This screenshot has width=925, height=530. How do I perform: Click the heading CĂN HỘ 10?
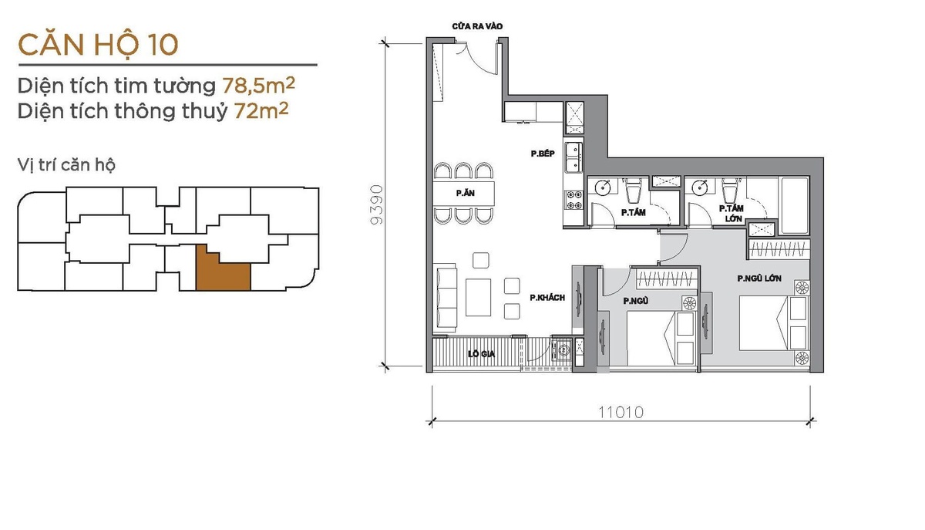click(x=99, y=45)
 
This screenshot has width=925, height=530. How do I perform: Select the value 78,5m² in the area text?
click(x=259, y=85)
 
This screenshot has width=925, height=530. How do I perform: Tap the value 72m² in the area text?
click(x=261, y=111)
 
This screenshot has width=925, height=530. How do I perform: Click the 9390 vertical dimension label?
click(x=377, y=204)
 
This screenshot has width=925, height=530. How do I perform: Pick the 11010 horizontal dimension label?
click(x=621, y=412)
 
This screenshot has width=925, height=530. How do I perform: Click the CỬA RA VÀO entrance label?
click(x=477, y=26)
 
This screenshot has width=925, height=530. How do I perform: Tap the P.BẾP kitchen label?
click(x=543, y=154)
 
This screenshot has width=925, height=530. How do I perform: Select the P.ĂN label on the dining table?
click(x=465, y=193)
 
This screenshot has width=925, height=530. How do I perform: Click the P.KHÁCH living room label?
click(x=547, y=298)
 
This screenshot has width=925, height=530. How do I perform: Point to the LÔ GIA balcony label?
click(x=481, y=354)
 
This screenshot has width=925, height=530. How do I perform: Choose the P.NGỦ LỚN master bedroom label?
click(x=759, y=279)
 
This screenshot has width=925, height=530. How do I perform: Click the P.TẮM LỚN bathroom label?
click(x=732, y=214)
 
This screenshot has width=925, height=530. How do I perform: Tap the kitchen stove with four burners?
click(x=574, y=200)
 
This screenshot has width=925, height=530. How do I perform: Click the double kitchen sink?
click(x=574, y=157)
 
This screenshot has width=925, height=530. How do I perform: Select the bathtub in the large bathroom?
click(x=794, y=205)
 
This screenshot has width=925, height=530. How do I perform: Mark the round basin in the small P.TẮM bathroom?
click(x=603, y=187)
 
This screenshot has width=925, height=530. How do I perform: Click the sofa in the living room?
click(x=446, y=299)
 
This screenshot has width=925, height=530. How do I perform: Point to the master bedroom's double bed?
click(x=773, y=323)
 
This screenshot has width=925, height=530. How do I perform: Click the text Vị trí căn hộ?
click(x=66, y=165)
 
